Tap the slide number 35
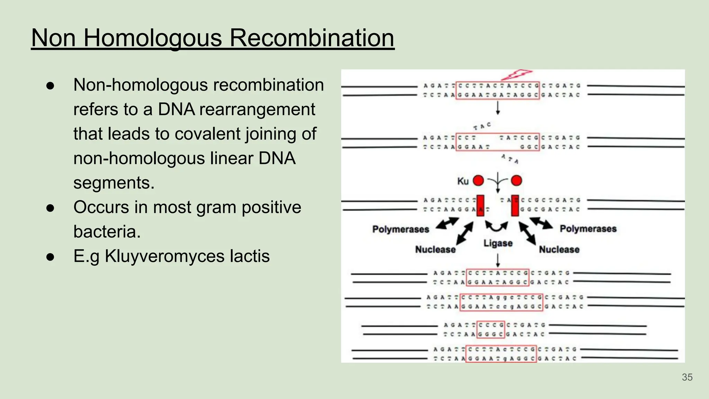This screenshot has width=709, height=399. coord(687,377)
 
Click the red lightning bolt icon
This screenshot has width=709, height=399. coord(516,74)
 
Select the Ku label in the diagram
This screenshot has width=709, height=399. coord(463,181)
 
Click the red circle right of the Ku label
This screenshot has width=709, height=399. coord(478,180)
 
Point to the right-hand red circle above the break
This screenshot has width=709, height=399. coord(516,180)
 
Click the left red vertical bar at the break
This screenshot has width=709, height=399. coord(480,205)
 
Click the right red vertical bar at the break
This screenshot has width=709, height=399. coord(515,205)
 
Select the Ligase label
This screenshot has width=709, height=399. coord(498,243)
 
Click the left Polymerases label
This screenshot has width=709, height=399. coord(401,229)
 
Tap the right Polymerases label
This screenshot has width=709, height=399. coord(588,229)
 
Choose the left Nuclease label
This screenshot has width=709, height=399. coord(435,249)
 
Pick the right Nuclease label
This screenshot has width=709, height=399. coord(559,249)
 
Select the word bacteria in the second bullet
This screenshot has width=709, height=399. coord(107,232)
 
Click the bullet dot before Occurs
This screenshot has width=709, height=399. coord(51,208)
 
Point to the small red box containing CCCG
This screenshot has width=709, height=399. coord(491,330)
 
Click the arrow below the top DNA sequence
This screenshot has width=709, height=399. coord(498,108)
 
